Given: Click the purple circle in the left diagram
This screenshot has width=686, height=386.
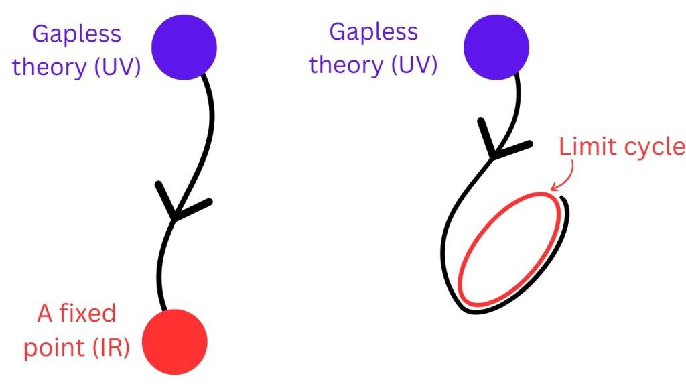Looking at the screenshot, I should (x=184, y=46).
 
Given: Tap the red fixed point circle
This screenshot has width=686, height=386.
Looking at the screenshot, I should (x=175, y=342).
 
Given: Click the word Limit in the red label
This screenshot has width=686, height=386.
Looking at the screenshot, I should (x=581, y=147).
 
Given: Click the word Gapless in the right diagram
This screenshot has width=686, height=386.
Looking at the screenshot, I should (x=374, y=31).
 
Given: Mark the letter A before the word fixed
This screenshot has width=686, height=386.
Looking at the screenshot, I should (x=45, y=314).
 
